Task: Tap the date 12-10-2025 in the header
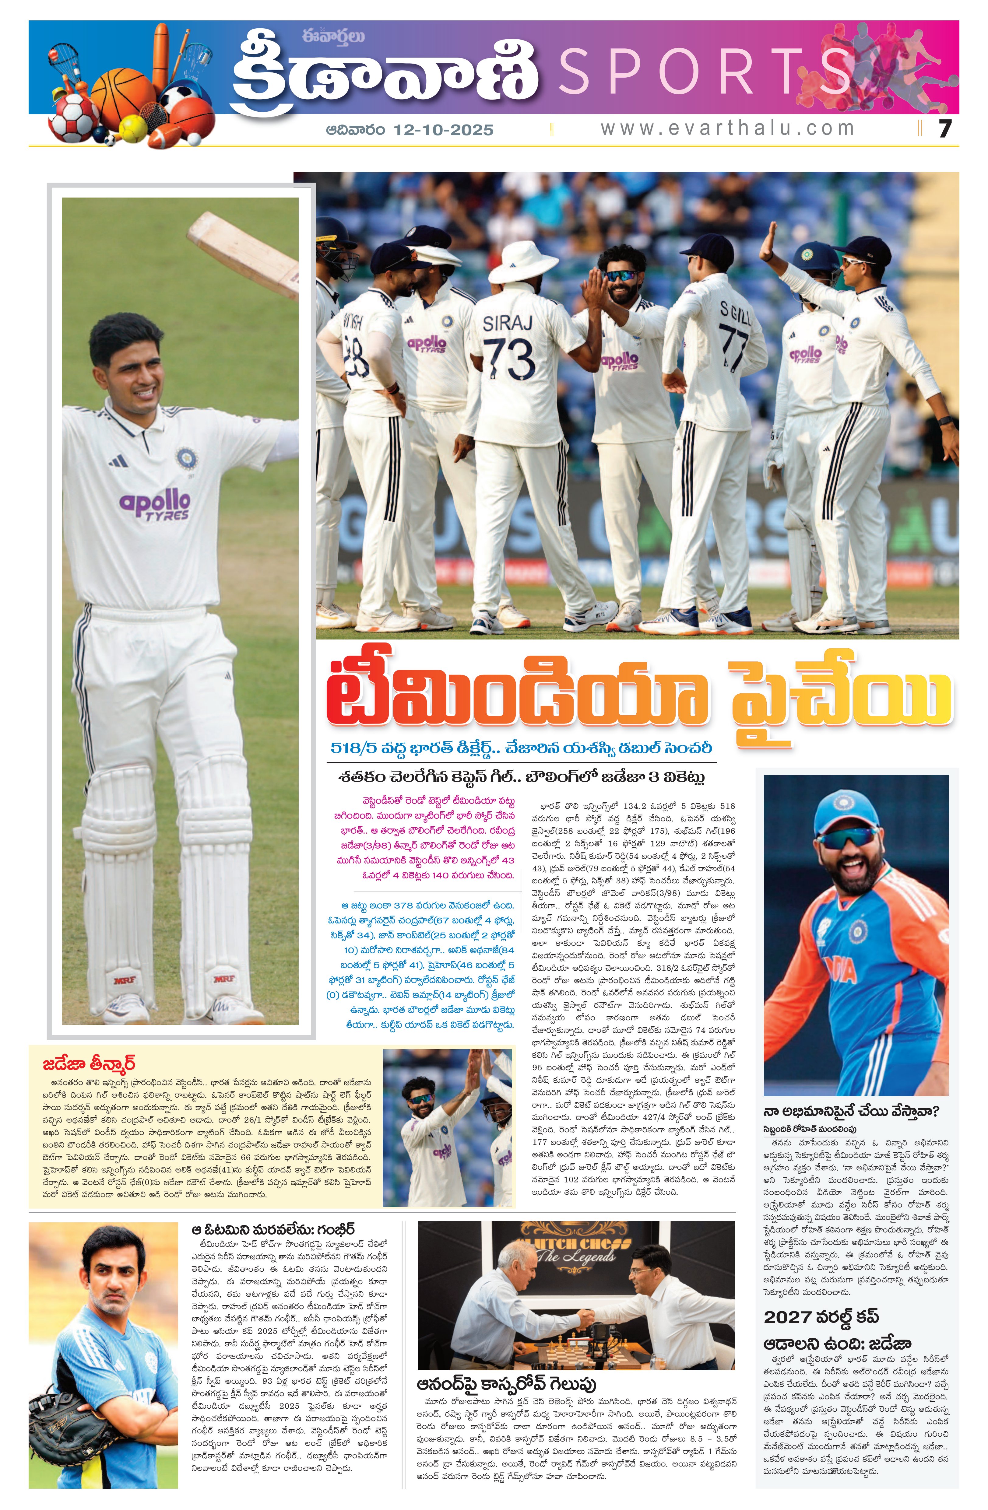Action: coord(443,130)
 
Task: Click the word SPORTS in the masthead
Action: coord(704,72)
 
